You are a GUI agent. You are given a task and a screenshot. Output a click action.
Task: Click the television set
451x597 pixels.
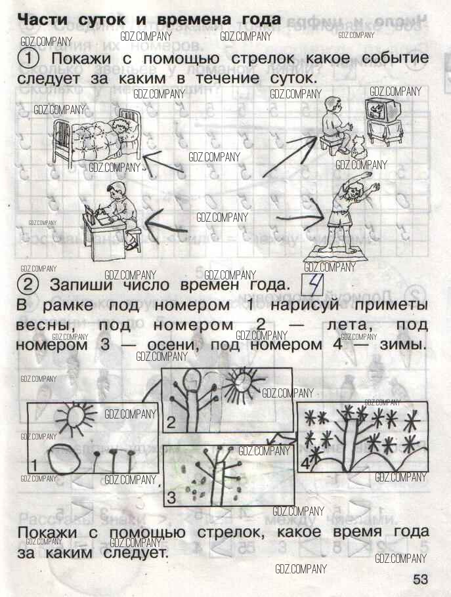(384, 121)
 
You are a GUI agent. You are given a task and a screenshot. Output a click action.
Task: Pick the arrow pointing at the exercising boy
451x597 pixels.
(301, 218)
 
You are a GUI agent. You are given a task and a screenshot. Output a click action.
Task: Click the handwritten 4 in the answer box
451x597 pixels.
(313, 285)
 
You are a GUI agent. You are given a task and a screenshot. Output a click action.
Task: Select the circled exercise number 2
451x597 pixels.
(28, 285)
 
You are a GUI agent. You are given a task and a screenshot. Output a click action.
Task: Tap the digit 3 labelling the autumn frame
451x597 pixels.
(172, 497)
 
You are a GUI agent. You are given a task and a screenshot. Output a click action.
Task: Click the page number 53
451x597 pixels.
(421, 579)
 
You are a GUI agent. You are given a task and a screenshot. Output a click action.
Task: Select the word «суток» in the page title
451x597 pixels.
(101, 20)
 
